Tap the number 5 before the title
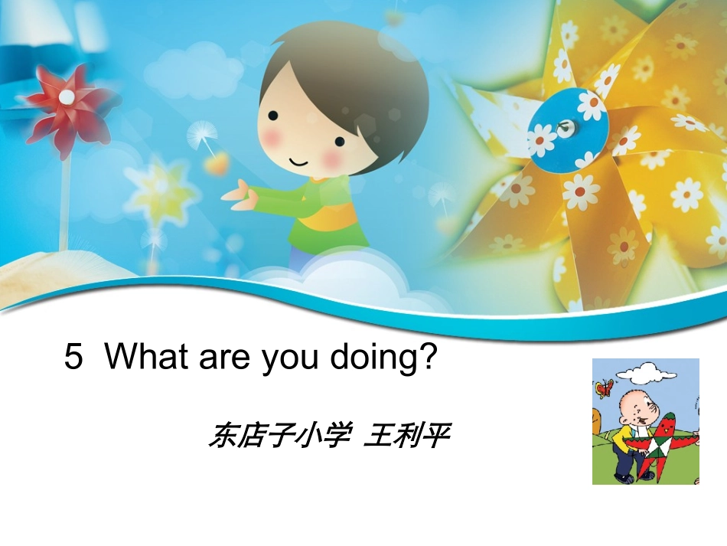(73, 358)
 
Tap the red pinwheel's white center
(67, 97)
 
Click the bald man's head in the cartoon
(637, 405)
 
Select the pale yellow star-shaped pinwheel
(161, 188)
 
